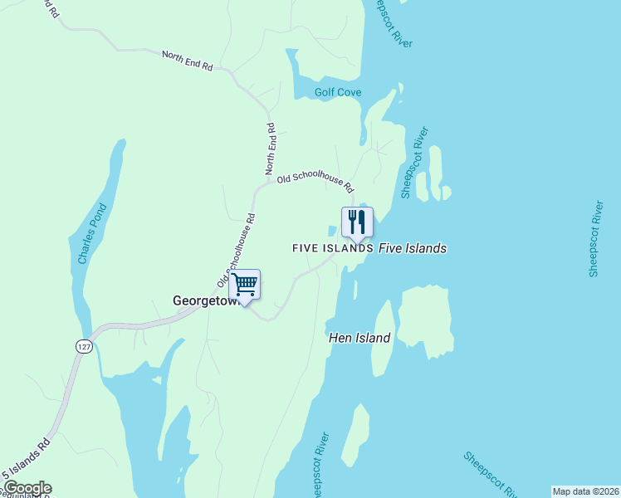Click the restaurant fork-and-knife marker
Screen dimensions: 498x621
(357, 222)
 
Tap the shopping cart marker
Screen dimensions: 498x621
(245, 285)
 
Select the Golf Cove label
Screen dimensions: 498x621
(338, 92)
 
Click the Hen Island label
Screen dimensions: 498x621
(359, 338)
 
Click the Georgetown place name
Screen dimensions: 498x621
(203, 301)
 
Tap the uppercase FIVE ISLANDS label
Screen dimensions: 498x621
(332, 248)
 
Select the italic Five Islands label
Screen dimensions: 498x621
(413, 248)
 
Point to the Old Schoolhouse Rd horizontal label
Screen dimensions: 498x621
(315, 178)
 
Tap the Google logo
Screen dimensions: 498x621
(27, 489)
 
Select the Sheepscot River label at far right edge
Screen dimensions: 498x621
(595, 238)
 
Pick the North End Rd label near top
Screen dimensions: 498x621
(187, 60)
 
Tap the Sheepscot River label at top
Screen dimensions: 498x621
(391, 22)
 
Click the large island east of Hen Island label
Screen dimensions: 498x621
(425, 320)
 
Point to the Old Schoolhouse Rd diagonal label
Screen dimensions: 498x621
(236, 246)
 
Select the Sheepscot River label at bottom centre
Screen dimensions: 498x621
(319, 465)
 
